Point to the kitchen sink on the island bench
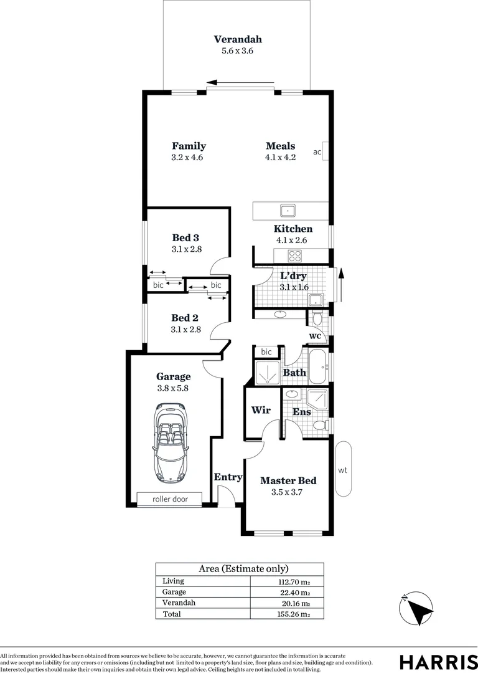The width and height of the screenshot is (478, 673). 288,210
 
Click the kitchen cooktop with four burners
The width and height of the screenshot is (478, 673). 294,255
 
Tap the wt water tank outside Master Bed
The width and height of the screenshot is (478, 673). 343,470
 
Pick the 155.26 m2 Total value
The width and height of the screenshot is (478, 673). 296,614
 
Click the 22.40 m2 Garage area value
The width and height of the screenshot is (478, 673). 296,592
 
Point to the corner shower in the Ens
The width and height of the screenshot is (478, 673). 318,398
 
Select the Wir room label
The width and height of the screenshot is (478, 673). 260,411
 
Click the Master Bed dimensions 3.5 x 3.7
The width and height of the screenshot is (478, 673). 288,492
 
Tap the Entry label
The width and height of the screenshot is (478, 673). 228,477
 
